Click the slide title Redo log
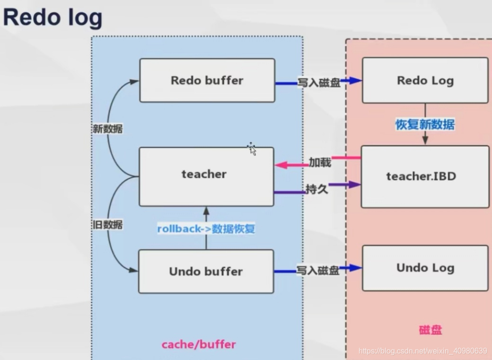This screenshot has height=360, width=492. click(53, 18)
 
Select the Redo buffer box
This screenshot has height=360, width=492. click(207, 80)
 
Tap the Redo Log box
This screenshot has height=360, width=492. click(425, 80)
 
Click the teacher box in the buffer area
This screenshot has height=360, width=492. click(206, 176)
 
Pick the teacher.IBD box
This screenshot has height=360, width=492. click(425, 176)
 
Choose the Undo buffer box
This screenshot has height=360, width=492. click(206, 272)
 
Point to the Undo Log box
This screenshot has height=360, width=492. click(425, 268)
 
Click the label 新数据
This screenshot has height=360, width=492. click(106, 129)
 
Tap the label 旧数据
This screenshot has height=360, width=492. click(106, 225)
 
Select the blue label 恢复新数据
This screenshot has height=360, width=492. click(425, 125)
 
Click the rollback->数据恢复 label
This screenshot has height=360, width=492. click(206, 229)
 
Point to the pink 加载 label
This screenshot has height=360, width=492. click(320, 163)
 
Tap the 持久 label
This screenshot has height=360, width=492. click(317, 190)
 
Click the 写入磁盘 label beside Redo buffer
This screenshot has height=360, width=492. click(319, 83)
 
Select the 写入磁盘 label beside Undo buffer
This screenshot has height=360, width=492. click(318, 271)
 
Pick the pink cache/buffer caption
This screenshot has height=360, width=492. click(199, 344)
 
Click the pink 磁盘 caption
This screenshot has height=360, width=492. click(430, 330)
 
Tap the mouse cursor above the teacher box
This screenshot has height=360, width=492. click(252, 149)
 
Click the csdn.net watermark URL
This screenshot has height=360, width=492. click(422, 351)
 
